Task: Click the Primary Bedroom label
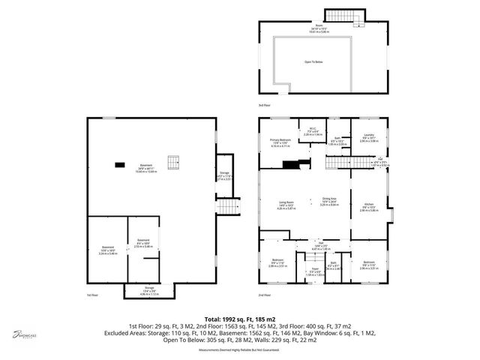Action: pyautogui.click(x=280, y=142)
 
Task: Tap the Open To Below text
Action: pyautogui.click(x=318, y=62)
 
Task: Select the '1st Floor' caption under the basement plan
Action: pyautogui.click(x=92, y=295)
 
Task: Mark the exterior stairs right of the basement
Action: pyautogui.click(x=232, y=204)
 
